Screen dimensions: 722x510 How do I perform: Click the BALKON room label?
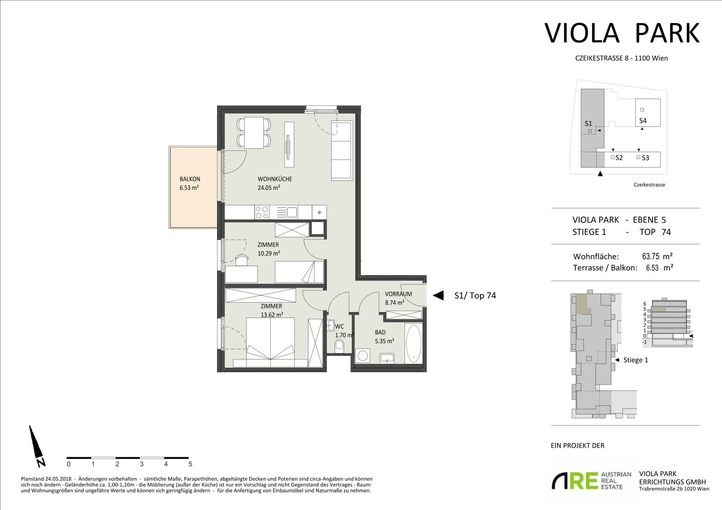click(x=190, y=179)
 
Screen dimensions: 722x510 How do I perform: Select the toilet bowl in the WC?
click(x=339, y=347)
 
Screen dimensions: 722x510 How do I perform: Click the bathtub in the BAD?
click(x=413, y=344)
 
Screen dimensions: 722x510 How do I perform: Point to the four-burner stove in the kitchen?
click(x=262, y=213)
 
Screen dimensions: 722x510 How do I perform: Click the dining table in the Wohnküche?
click(x=254, y=133)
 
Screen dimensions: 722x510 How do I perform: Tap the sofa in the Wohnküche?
click(x=342, y=151)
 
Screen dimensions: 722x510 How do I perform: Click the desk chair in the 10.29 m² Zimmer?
click(x=242, y=260)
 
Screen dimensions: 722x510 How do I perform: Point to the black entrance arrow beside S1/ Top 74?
click(x=438, y=295)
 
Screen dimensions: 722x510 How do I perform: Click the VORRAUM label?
click(x=398, y=294)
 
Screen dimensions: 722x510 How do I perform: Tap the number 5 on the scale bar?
click(x=190, y=464)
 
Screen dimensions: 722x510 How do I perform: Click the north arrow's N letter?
click(x=41, y=462)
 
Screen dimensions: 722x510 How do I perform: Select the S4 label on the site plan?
click(x=643, y=121)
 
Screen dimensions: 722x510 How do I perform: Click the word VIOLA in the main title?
click(x=582, y=33)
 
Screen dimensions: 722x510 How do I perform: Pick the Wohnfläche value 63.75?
click(x=650, y=257)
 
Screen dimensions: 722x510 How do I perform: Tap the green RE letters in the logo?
click(x=584, y=481)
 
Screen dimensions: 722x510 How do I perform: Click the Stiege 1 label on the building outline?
click(x=636, y=360)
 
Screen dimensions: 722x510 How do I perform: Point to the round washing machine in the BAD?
click(x=363, y=356)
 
